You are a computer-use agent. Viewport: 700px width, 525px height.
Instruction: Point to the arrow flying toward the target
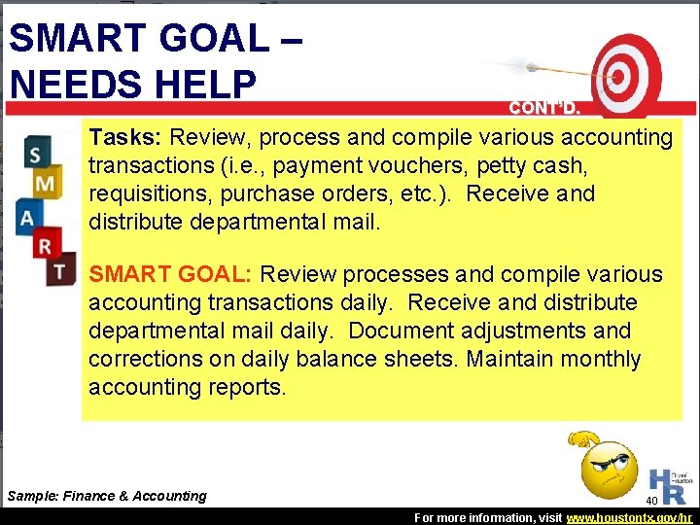pyautogui.click(x=539, y=69)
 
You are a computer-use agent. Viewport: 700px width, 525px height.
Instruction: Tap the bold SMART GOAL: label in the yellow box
pyautogui.click(x=171, y=275)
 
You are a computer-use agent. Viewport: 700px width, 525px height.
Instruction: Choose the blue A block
pyautogui.click(x=30, y=216)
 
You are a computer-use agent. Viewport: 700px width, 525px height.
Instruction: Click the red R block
pyautogui.click(x=45, y=246)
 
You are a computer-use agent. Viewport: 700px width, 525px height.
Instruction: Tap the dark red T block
pyautogui.click(x=60, y=269)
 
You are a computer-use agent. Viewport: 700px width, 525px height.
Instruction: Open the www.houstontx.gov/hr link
pyautogui.click(x=637, y=518)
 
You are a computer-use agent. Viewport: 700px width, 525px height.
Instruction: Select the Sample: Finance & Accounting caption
pyautogui.click(x=107, y=496)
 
